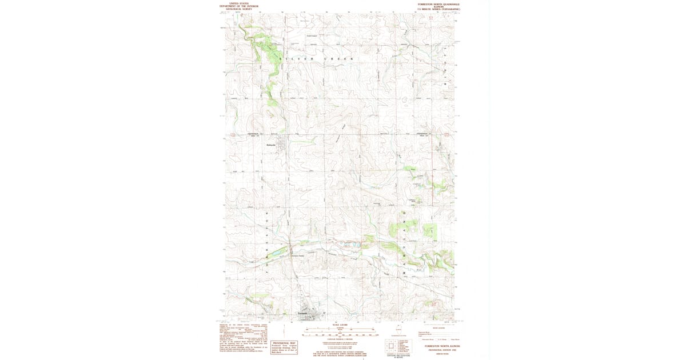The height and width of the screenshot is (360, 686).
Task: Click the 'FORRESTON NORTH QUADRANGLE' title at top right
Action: pos(438,3)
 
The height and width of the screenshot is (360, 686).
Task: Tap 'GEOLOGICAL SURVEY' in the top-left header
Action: pos(239,9)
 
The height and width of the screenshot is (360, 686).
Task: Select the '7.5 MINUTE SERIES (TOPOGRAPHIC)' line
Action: pos(438,9)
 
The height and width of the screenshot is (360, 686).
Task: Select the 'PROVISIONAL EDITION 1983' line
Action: pos(438,350)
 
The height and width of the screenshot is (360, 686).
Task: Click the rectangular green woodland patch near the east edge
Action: pos(430,231)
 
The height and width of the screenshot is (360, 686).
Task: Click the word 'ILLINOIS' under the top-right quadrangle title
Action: pos(438,6)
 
